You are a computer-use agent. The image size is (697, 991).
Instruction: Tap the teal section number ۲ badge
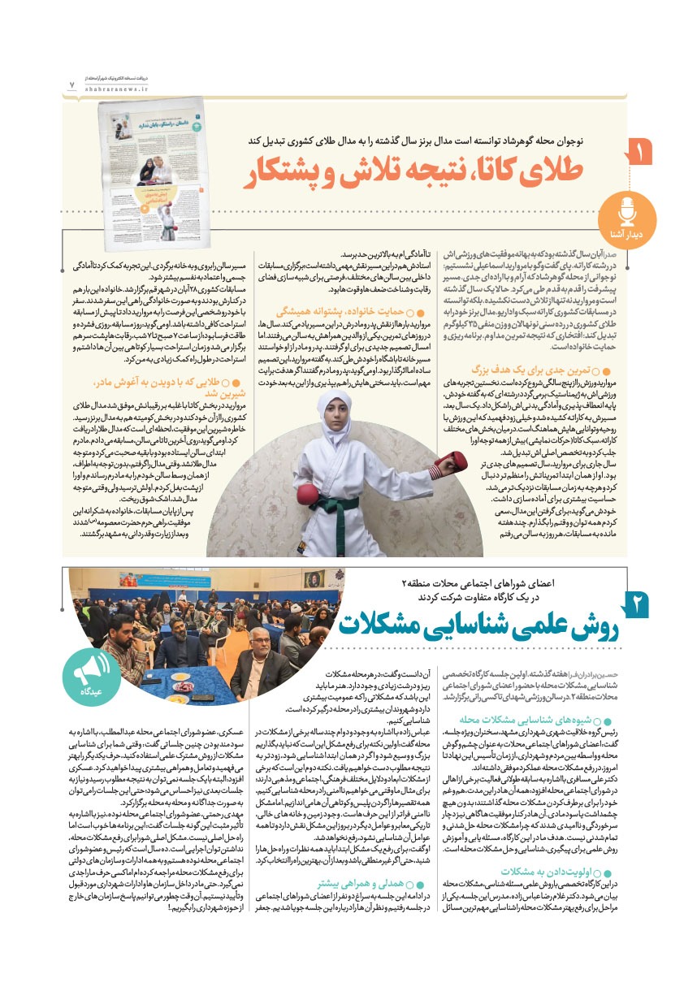(638, 605)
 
